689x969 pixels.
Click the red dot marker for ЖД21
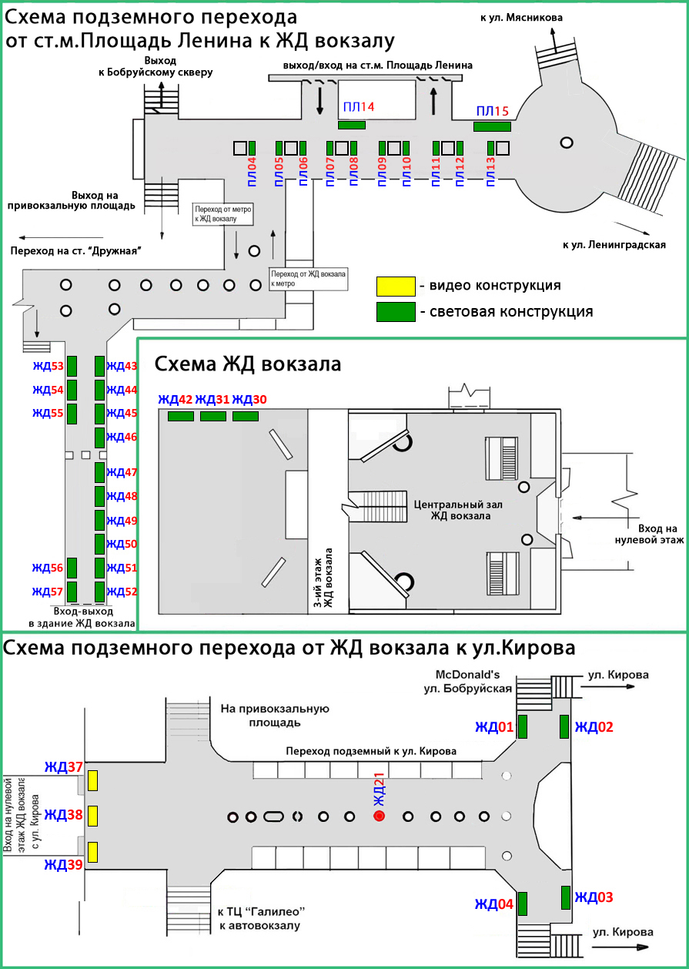(379, 816)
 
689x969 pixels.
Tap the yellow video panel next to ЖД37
(92, 780)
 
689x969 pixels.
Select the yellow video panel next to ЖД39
(92, 852)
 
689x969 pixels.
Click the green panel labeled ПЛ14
(352, 125)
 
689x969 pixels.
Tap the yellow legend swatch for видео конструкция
(395, 286)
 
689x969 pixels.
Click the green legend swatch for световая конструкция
(395, 311)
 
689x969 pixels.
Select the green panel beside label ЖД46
(99, 438)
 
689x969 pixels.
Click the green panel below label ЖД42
(181, 417)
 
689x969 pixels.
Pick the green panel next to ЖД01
(522, 726)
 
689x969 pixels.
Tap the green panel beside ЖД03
(565, 897)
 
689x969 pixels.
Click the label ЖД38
(63, 815)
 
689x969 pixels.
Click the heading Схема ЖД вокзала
(248, 364)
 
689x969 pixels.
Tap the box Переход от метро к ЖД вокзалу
(223, 214)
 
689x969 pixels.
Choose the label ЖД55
(48, 413)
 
